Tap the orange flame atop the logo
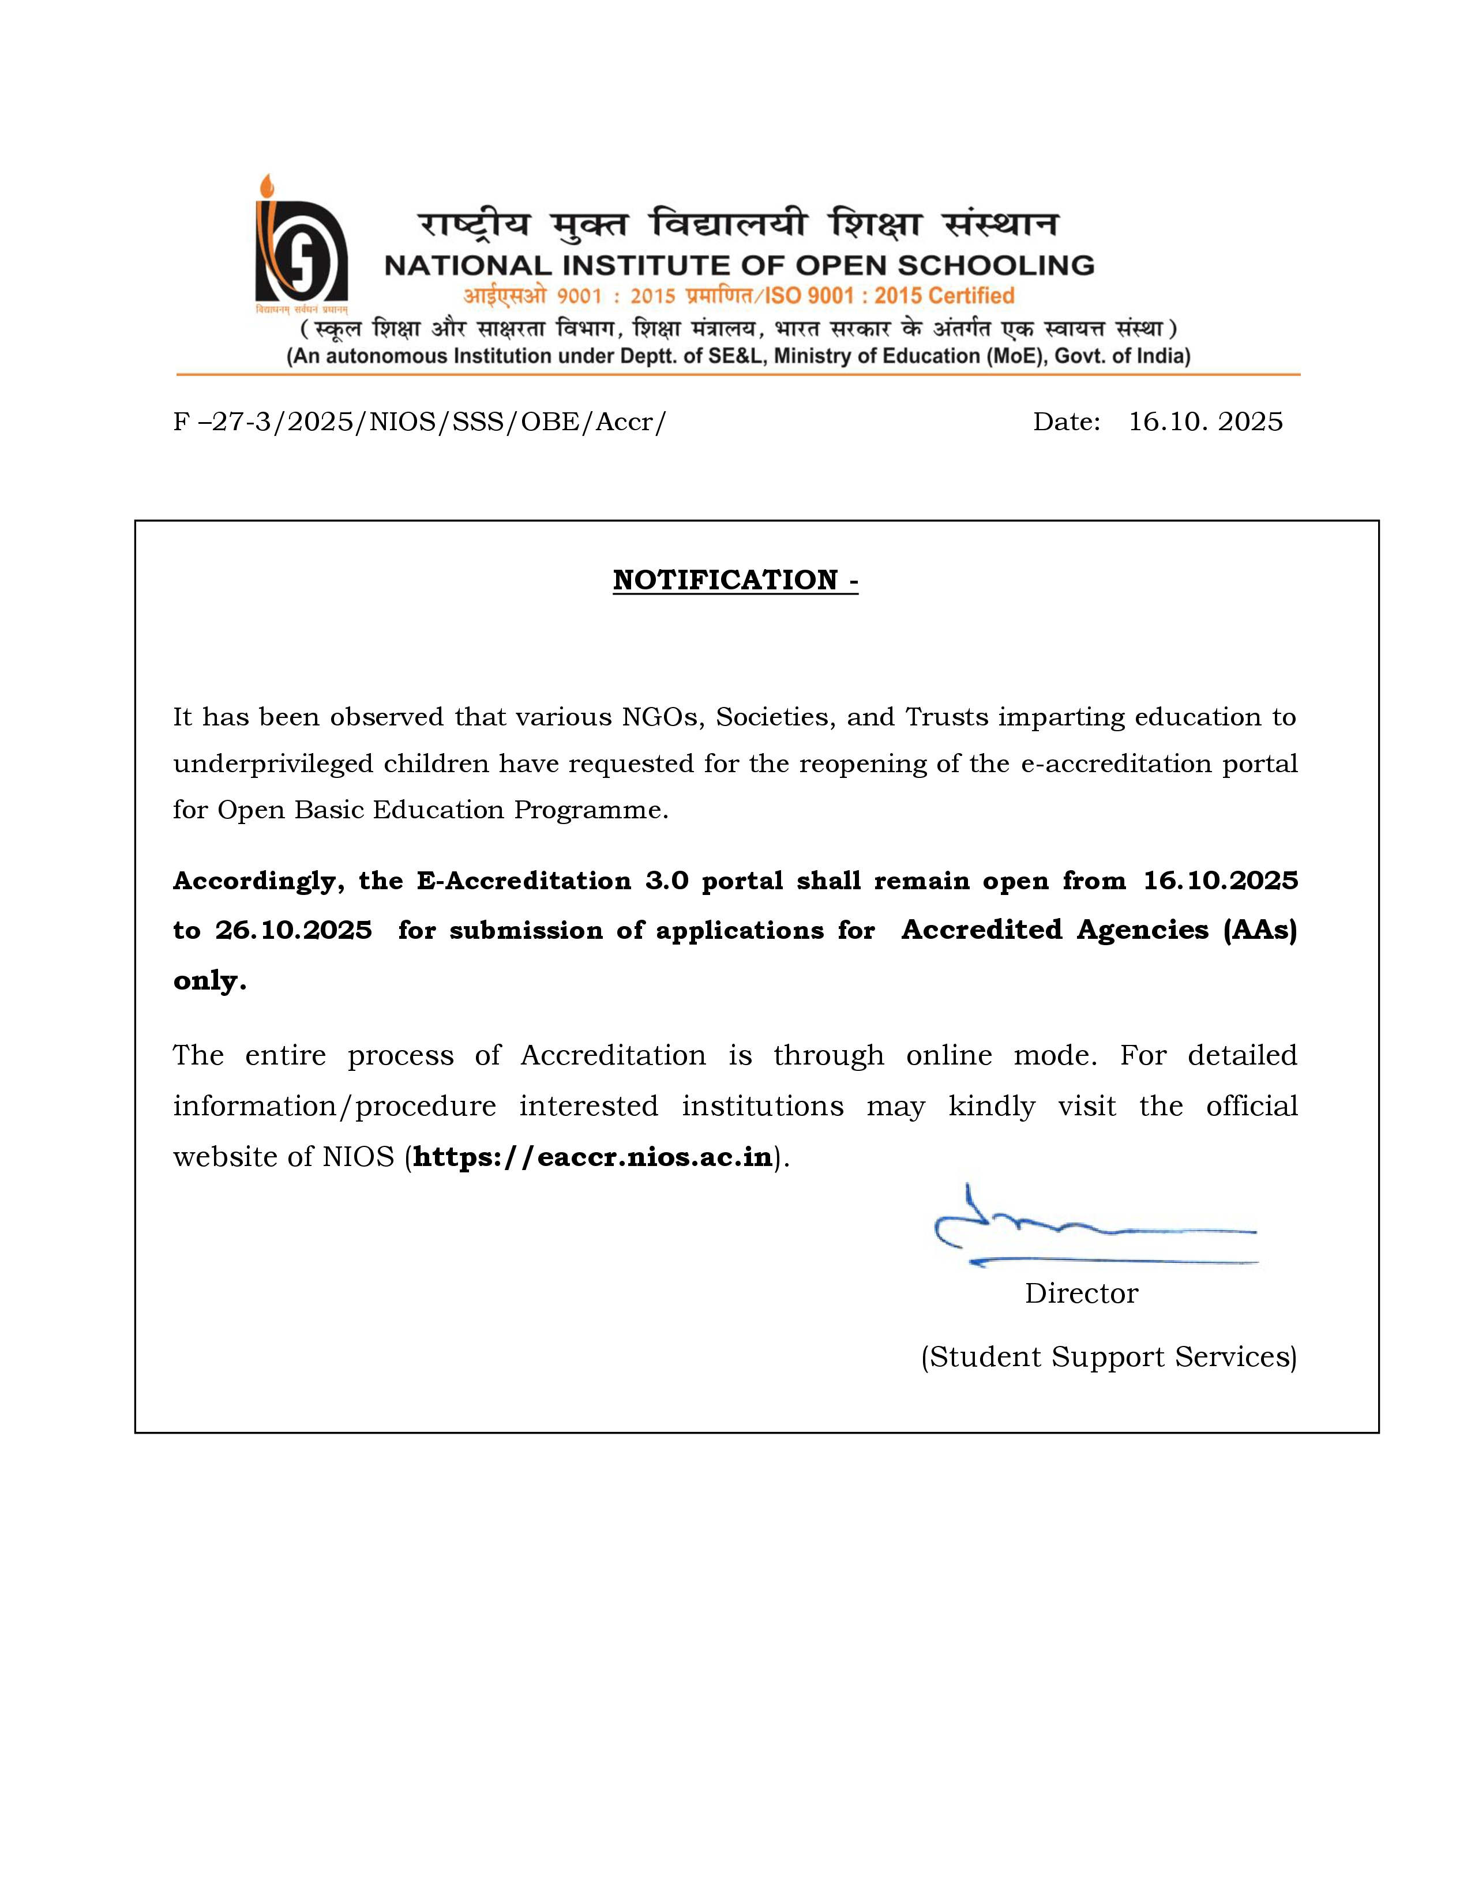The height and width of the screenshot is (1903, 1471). pos(267,186)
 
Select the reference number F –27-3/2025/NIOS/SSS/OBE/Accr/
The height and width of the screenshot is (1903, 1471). pos(419,422)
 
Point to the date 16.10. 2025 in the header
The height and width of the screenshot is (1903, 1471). pos(1205,422)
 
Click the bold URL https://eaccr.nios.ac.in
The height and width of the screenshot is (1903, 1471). pos(592,1157)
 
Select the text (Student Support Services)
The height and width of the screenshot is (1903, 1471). pos(1109,1357)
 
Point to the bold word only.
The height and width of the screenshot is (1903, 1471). pos(209,980)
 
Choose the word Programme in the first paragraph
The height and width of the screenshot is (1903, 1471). pos(590,810)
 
